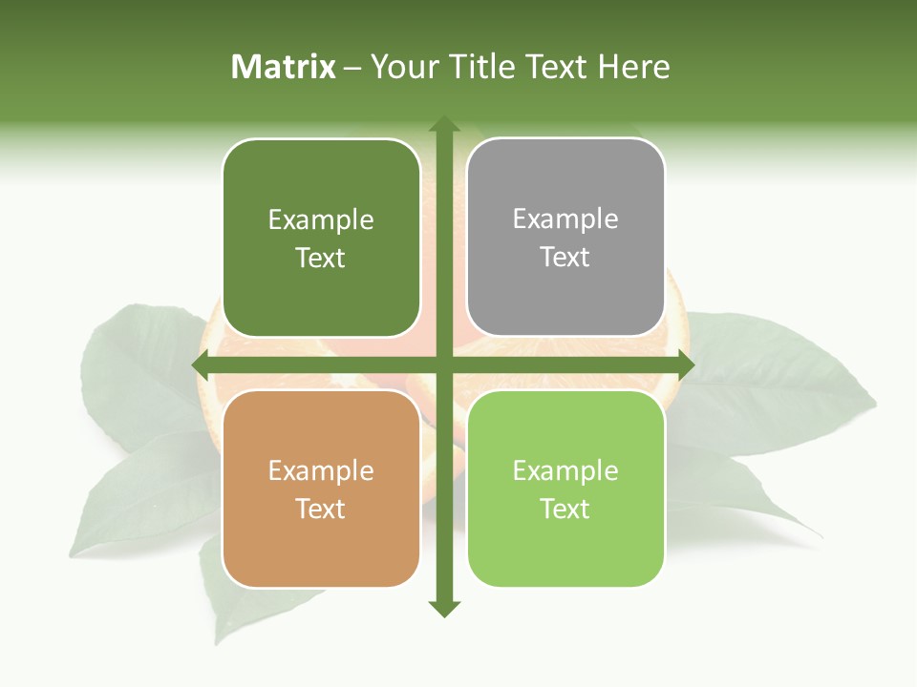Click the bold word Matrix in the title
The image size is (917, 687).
click(284, 67)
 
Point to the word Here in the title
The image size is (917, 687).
click(634, 67)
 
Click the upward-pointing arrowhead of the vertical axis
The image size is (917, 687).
click(443, 124)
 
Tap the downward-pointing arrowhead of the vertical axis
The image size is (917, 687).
click(443, 608)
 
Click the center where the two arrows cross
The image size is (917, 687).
click(443, 364)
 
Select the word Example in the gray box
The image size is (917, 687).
click(565, 219)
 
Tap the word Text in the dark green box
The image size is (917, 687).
click(321, 258)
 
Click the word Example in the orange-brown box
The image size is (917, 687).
click(321, 470)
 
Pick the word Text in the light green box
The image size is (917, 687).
click(565, 509)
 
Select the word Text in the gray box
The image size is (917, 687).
click(565, 257)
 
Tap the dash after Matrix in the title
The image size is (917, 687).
click(352, 67)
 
